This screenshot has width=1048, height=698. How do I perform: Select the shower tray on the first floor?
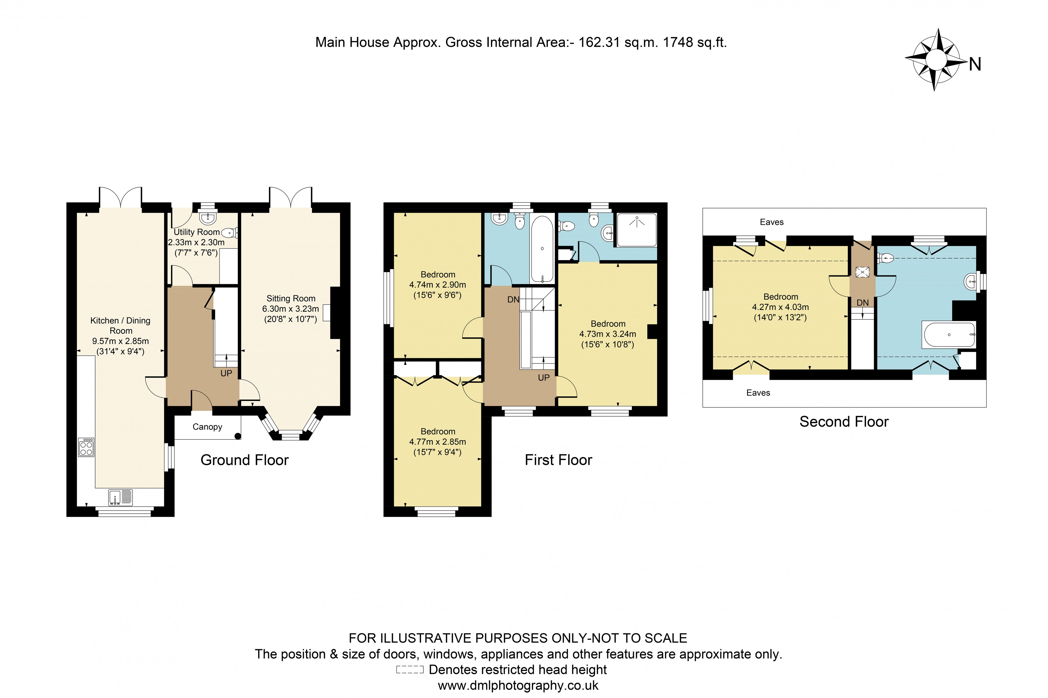coord(637,230)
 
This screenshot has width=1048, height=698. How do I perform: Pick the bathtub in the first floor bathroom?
coord(542,249)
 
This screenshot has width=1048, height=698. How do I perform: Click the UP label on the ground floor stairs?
coord(226,374)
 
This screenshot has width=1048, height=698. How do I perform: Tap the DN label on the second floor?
coord(862,303)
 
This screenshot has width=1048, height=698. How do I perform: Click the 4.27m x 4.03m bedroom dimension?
coord(780,307)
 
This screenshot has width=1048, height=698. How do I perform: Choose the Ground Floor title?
coord(244,460)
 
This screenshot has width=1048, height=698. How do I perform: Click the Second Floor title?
coord(844,421)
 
